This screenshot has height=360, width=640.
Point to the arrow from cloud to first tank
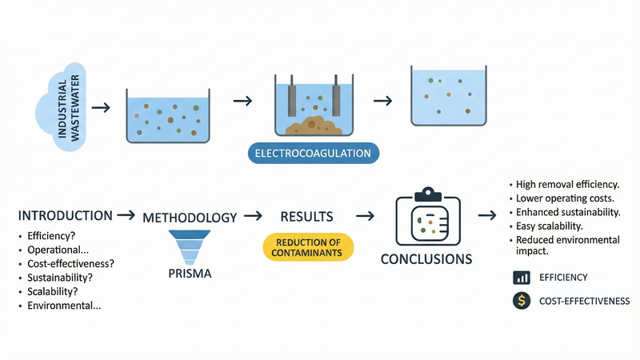[101, 106]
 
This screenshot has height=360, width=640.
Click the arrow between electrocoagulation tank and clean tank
[383, 101]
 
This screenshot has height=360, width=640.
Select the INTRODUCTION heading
[65, 216]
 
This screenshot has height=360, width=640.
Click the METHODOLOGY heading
[190, 218]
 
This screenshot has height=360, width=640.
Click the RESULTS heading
[307, 217]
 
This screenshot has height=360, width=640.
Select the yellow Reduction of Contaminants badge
[308, 247]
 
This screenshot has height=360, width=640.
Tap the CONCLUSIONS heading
[426, 260]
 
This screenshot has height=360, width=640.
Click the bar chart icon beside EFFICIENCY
[522, 278]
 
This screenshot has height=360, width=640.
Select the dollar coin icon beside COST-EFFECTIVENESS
[522, 301]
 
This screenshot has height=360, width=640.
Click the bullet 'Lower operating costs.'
[565, 198]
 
